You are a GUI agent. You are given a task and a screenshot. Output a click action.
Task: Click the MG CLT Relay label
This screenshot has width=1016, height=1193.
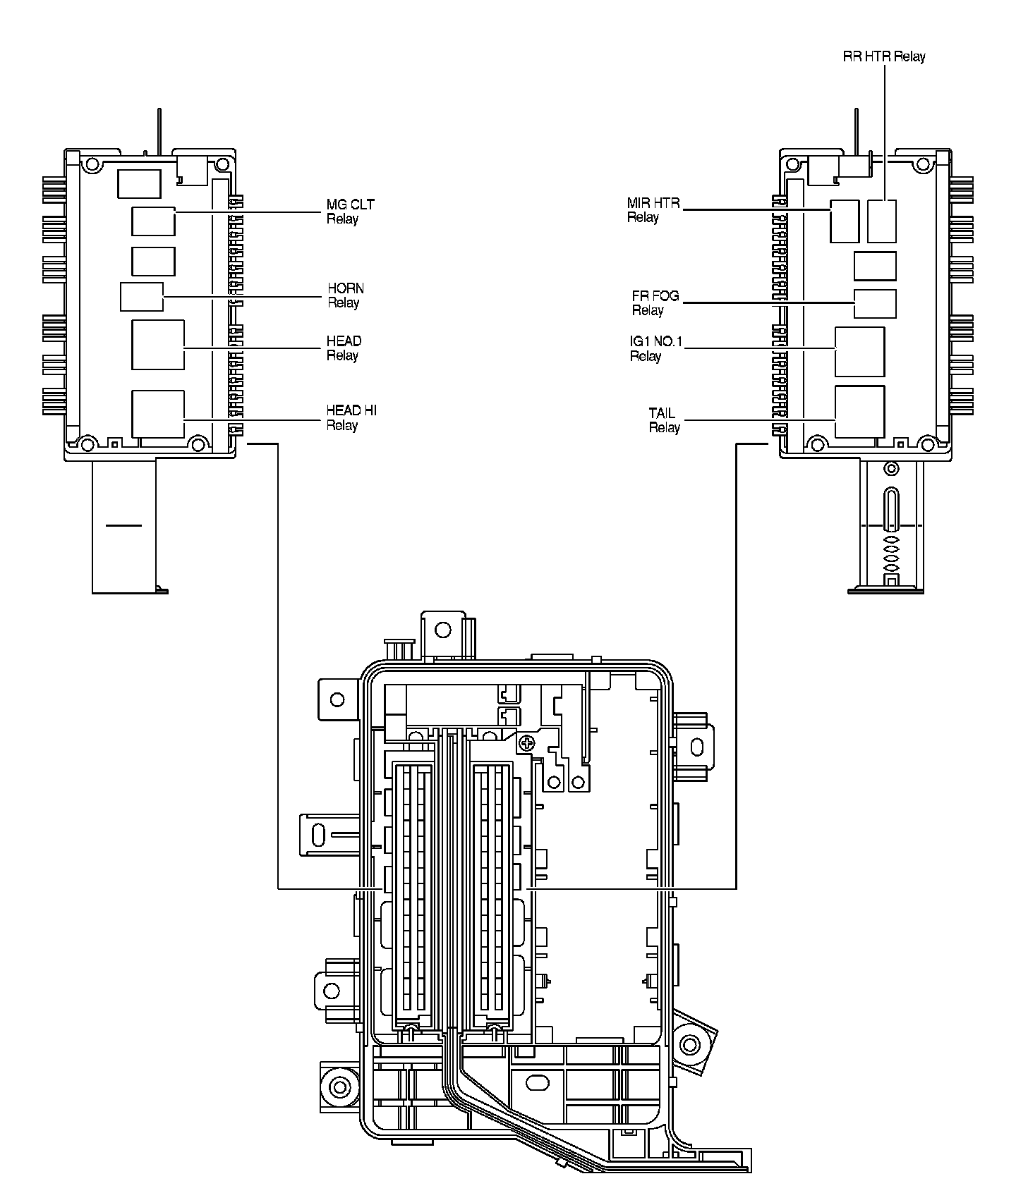click(350, 212)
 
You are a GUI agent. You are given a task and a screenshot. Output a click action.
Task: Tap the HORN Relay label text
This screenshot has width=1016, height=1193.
click(345, 295)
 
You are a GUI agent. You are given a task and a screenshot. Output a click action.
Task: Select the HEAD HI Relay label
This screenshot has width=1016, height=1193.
click(351, 417)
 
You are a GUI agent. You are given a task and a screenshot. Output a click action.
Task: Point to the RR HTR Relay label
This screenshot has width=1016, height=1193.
click(884, 56)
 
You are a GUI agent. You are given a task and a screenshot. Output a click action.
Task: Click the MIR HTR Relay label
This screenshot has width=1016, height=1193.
click(653, 210)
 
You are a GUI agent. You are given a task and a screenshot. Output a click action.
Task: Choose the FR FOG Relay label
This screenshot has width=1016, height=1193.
click(655, 303)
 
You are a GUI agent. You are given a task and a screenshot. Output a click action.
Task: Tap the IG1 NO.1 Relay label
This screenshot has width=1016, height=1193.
click(655, 349)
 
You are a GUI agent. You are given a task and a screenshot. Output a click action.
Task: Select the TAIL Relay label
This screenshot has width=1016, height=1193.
click(663, 420)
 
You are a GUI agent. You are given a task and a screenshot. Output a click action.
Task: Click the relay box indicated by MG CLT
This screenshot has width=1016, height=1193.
click(153, 221)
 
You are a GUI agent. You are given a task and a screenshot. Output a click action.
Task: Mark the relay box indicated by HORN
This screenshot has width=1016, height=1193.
click(142, 296)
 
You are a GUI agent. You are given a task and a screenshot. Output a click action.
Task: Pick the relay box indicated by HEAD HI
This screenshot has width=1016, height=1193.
click(158, 414)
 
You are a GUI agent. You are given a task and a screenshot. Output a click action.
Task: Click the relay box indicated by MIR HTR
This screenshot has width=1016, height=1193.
click(844, 221)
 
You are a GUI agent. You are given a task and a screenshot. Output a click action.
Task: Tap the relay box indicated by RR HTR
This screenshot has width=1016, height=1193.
click(882, 221)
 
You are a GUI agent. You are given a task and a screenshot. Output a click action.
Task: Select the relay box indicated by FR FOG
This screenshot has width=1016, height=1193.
click(875, 304)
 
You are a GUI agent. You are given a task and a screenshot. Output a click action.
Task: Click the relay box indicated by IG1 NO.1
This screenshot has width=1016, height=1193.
click(859, 352)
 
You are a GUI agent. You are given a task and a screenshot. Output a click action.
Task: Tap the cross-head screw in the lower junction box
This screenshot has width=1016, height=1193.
click(525, 742)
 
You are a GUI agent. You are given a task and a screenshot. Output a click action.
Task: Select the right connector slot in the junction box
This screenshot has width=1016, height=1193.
click(492, 891)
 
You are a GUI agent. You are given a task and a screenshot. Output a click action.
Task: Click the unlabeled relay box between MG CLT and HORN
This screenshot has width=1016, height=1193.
click(153, 261)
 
